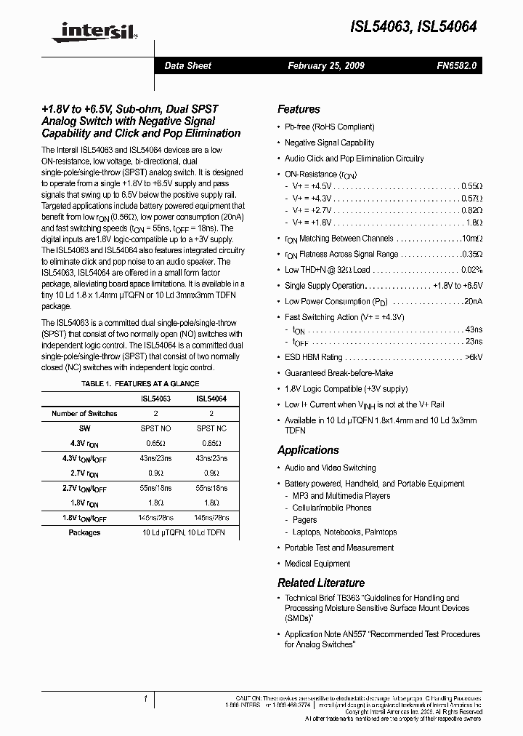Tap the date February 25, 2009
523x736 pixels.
tap(326, 65)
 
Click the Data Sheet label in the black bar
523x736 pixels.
tap(187, 65)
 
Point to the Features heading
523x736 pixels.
tap(299, 109)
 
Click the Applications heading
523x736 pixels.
tap(308, 450)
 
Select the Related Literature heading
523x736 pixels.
tap(320, 583)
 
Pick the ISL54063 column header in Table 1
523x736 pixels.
tap(155, 399)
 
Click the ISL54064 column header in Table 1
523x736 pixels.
tap(211, 399)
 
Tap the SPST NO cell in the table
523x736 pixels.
tap(155, 428)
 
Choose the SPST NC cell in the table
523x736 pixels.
tap(211, 428)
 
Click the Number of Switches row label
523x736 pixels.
tap(84, 413)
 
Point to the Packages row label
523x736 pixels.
tap(84, 532)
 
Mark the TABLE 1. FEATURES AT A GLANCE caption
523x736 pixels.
tap(140, 383)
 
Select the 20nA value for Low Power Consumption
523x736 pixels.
tap(472, 301)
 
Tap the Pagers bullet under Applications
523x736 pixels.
tap(304, 520)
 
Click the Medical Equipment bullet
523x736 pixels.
tap(317, 564)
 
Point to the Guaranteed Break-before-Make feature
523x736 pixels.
tap(338, 373)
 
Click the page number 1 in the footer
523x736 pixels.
tap(145, 699)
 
